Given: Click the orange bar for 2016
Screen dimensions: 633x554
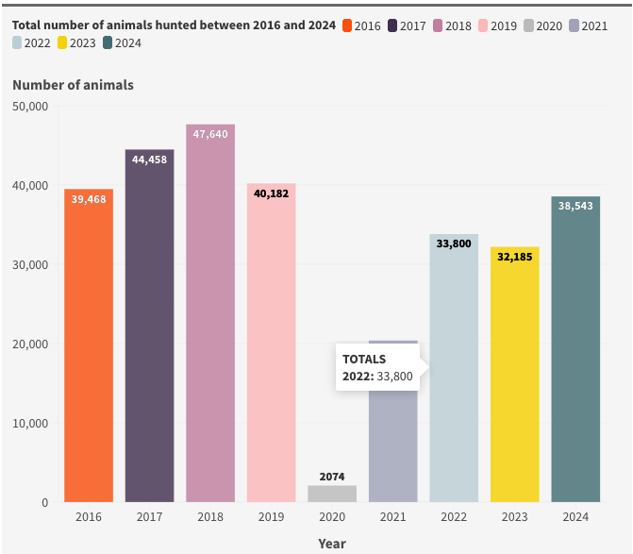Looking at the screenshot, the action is pyautogui.click(x=89, y=345).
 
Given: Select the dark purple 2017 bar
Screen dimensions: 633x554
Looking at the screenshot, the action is pyautogui.click(x=149, y=326).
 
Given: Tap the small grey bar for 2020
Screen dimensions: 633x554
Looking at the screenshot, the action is pyautogui.click(x=332, y=494).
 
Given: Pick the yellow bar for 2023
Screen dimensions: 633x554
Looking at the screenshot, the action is pyautogui.click(x=515, y=375).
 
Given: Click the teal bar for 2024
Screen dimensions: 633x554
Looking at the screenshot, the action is pyautogui.click(x=575, y=349).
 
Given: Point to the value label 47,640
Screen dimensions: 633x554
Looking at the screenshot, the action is pyautogui.click(x=210, y=134).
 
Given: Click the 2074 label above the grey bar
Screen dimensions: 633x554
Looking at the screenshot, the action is pyautogui.click(x=332, y=477).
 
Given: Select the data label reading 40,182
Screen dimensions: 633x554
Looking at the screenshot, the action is pyautogui.click(x=272, y=193).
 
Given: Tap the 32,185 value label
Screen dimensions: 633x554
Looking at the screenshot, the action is pyautogui.click(x=515, y=257).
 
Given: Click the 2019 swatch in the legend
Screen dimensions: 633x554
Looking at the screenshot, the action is pyautogui.click(x=483, y=25).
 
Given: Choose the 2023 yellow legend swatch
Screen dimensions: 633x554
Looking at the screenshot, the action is pyautogui.click(x=62, y=42).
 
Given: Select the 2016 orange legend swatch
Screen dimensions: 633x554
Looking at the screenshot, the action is pyautogui.click(x=347, y=25).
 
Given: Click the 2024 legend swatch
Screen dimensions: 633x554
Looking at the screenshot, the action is pyautogui.click(x=108, y=42).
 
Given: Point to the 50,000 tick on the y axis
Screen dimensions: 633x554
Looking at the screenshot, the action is pyautogui.click(x=30, y=107).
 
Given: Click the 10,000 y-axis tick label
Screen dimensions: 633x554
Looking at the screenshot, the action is pyautogui.click(x=30, y=424).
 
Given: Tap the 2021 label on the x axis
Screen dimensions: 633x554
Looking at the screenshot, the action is pyautogui.click(x=392, y=517).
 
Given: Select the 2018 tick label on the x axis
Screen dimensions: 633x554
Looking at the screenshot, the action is pyautogui.click(x=210, y=517).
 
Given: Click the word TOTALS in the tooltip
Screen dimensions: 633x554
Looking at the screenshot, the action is pyautogui.click(x=364, y=359).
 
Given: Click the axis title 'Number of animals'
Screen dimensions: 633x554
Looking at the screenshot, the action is pyautogui.click(x=73, y=85).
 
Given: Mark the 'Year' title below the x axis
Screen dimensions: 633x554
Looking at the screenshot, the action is pyautogui.click(x=332, y=544).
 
